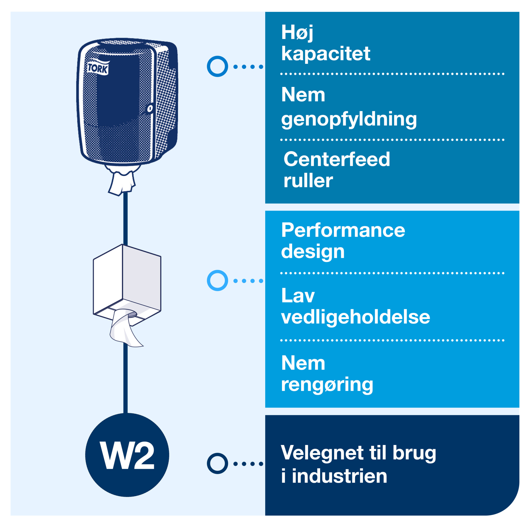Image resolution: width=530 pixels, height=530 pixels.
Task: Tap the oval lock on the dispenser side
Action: coord(150,109)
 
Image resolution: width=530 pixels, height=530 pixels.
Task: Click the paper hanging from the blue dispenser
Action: coord(122,182)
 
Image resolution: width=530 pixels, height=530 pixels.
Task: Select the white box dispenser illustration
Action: coord(127,282)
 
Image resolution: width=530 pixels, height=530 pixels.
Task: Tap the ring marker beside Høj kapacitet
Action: coord(217,67)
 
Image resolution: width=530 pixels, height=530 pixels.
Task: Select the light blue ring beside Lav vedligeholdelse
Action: coord(217,280)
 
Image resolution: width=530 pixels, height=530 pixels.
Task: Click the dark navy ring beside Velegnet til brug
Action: coord(217,463)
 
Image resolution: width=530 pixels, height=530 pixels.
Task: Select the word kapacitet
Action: coord(326,54)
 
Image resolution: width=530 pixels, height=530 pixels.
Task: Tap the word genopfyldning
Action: coord(349,119)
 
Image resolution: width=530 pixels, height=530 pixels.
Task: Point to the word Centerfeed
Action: coord(337,159)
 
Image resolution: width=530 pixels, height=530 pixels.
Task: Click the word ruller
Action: coord(308,181)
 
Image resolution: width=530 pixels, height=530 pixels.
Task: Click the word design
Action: coord(313,251)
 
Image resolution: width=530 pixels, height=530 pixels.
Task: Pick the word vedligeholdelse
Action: coord(356,317)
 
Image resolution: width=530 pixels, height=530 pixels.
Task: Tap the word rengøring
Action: coord(327,384)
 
